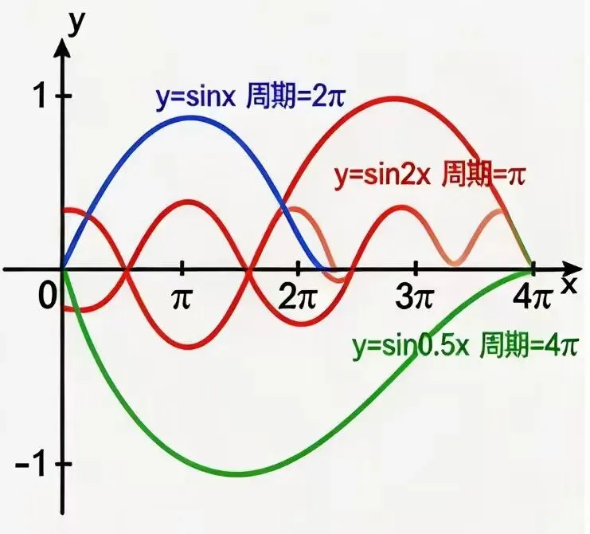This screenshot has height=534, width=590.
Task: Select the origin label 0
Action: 48,296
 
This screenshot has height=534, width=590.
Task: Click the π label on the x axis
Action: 182,299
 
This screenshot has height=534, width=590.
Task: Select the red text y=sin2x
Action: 382,175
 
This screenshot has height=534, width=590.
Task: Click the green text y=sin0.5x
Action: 411,346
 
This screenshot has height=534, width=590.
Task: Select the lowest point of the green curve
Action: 237,473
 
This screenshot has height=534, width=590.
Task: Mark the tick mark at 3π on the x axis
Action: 416,268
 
